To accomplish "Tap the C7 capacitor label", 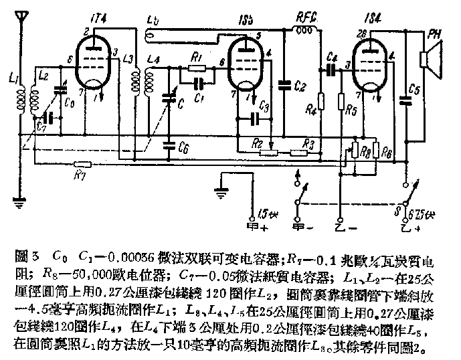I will coord(42,126).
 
